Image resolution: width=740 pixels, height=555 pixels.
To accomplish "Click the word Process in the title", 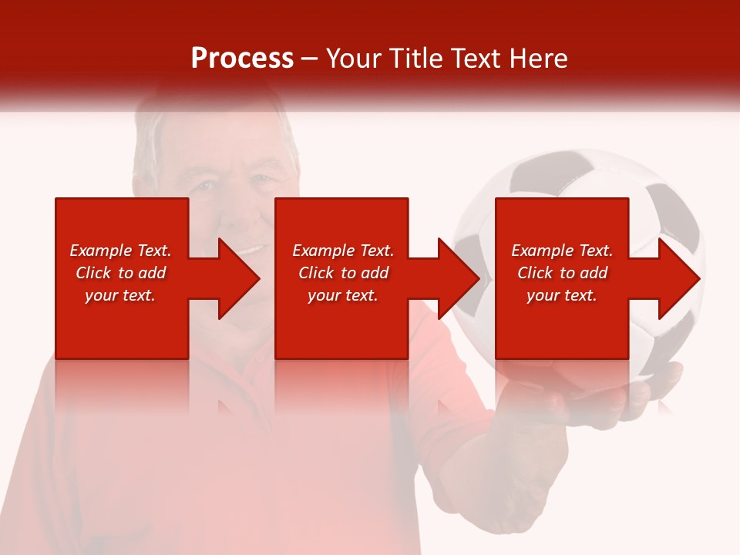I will (242, 59).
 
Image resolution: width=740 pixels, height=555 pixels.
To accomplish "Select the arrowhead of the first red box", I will (235, 278).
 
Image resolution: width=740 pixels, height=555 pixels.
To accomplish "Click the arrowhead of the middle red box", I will (455, 278).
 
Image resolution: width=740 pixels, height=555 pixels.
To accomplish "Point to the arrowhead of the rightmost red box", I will (675, 278).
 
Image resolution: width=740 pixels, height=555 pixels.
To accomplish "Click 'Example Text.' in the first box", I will (120, 251).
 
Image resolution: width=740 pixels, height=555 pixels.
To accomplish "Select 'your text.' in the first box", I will (120, 295).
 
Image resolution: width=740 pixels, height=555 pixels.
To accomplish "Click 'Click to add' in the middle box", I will (343, 273).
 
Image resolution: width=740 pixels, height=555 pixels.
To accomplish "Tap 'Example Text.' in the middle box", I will (343, 251).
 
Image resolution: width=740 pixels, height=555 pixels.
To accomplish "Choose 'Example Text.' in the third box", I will (562, 251).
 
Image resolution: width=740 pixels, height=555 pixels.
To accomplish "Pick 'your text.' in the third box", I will (562, 295).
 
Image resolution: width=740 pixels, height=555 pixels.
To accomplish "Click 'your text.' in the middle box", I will (343, 295).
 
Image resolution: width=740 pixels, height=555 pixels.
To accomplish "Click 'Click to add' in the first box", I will (120, 273).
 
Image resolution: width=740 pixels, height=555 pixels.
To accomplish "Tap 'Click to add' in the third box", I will (562, 273).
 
